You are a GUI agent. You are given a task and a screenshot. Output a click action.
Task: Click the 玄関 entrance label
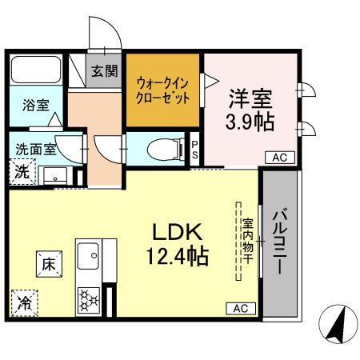(x=103, y=70)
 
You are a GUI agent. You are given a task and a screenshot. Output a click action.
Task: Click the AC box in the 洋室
(x=279, y=158)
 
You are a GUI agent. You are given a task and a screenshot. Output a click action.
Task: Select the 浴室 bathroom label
(x=30, y=105)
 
